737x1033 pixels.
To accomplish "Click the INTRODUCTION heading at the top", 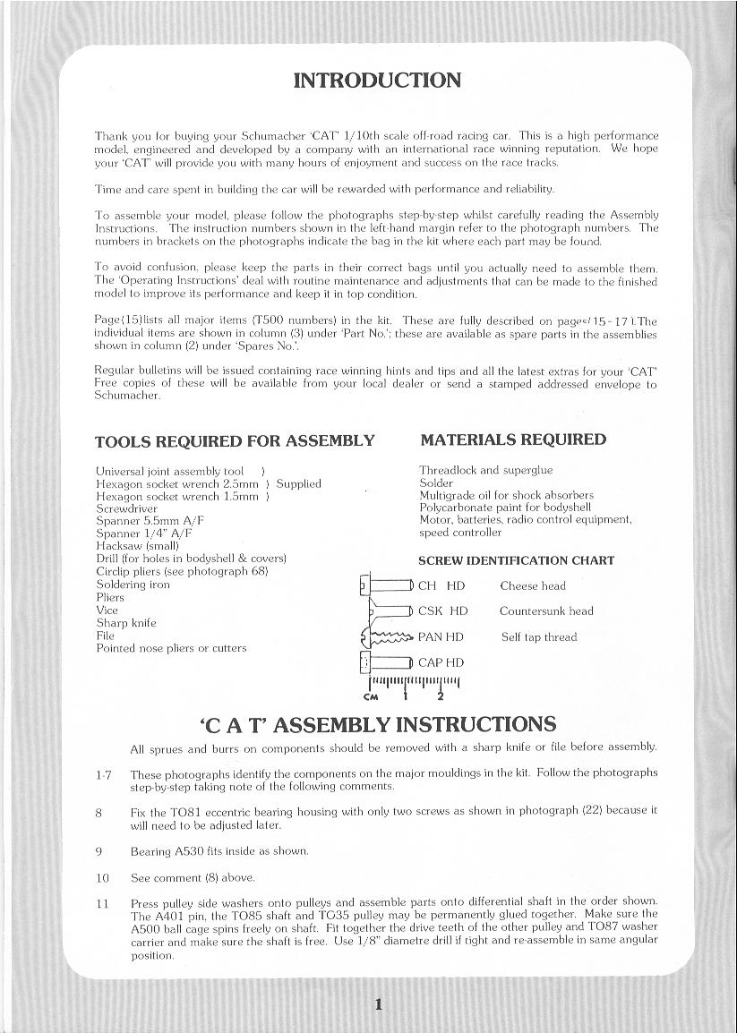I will click(377, 81).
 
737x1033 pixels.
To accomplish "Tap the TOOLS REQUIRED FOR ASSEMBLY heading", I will click(235, 441).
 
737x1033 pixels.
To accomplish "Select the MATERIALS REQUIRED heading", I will click(513, 440).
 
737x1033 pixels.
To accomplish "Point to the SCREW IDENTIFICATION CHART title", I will click(516, 561).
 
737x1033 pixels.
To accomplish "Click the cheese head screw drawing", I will click(386, 586).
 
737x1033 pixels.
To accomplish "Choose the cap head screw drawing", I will click(386, 662).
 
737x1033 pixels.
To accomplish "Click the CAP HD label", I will click(441, 663).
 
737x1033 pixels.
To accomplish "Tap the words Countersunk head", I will click(546, 611).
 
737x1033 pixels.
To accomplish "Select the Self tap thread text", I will click(538, 637).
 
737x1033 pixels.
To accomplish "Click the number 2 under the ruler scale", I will click(440, 696).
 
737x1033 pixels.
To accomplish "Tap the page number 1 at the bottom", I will click(379, 1004).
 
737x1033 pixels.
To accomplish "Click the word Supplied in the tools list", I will click(298, 483).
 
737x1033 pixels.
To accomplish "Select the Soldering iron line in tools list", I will click(133, 585).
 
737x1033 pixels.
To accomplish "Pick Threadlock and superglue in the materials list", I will click(485, 470).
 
